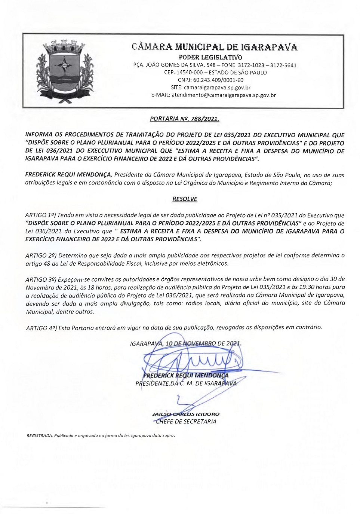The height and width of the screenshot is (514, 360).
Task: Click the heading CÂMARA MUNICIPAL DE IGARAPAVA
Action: click(x=214, y=47)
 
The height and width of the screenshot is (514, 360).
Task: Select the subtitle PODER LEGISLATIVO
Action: click(x=210, y=57)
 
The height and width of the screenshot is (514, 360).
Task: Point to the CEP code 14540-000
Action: click(x=190, y=73)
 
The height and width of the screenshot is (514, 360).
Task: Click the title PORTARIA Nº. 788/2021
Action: click(x=184, y=119)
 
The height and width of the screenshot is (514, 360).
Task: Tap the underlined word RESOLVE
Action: click(x=185, y=199)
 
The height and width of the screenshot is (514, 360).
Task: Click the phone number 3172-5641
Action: click(x=283, y=65)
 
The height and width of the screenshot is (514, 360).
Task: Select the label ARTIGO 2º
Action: click(x=41, y=256)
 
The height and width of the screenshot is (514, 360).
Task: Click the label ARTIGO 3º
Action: click(x=41, y=279)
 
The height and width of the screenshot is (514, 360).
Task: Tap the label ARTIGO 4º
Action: click(x=41, y=328)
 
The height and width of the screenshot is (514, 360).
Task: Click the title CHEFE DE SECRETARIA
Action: click(x=186, y=422)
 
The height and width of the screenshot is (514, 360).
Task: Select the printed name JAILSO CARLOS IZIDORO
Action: click(x=186, y=414)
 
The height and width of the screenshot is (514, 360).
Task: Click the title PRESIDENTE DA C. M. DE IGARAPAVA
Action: click(x=186, y=383)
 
